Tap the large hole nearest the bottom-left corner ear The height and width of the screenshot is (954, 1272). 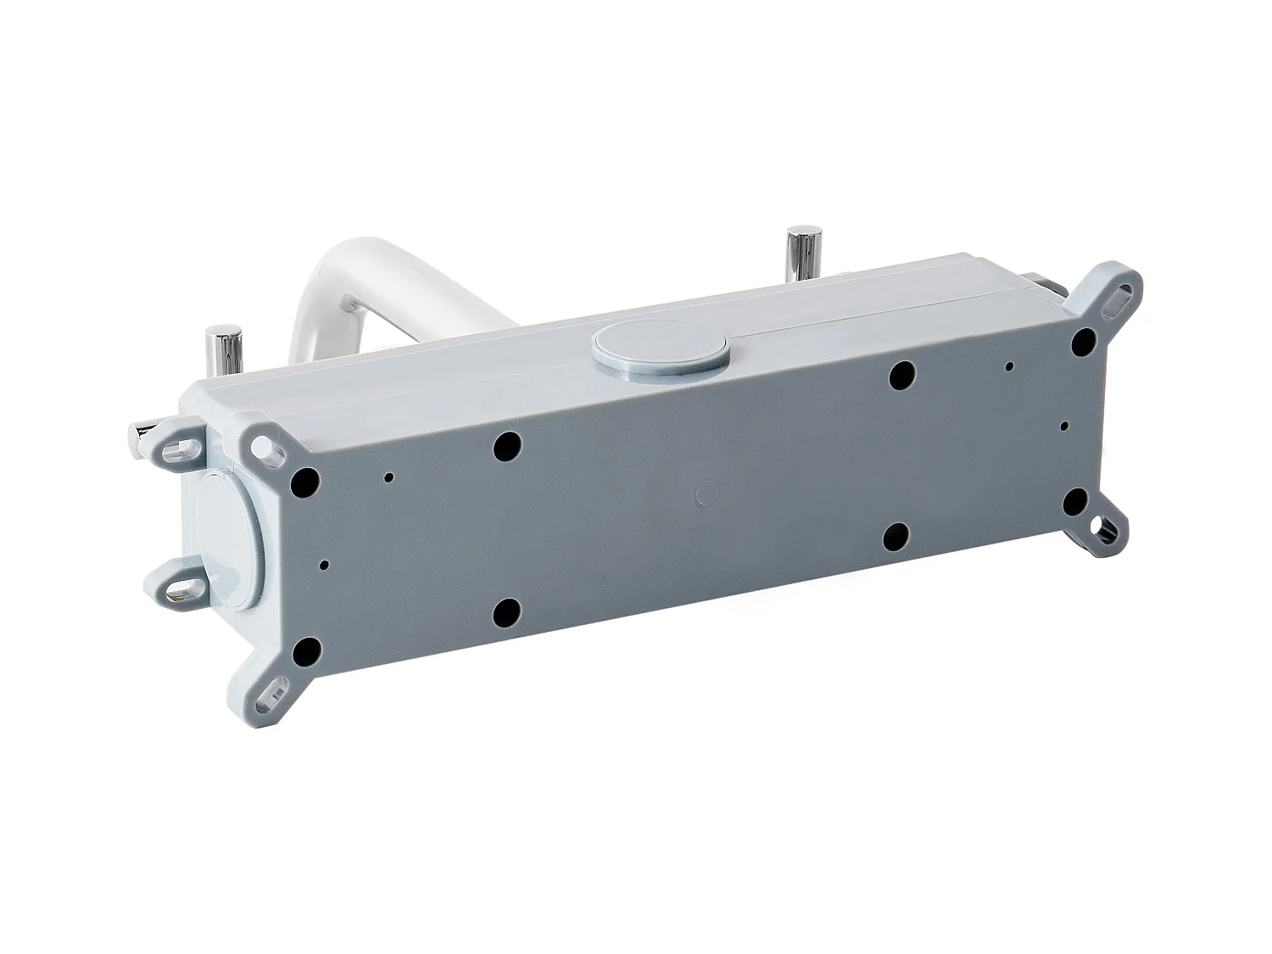(x=306, y=650)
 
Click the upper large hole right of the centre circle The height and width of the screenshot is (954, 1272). (x=901, y=374)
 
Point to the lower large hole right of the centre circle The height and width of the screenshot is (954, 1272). (x=897, y=536)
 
